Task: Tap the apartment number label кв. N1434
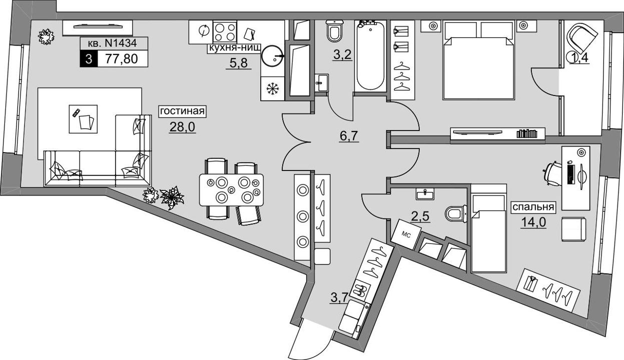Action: [x=115, y=43]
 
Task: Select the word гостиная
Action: [x=182, y=111]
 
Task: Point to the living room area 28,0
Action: [x=182, y=127]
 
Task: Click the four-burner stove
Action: [x=225, y=32]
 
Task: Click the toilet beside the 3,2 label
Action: [x=334, y=31]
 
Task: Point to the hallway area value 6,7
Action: [x=350, y=134]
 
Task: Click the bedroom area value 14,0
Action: [x=533, y=222]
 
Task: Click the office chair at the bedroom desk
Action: [x=552, y=172]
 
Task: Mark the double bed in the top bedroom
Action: [x=478, y=62]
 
